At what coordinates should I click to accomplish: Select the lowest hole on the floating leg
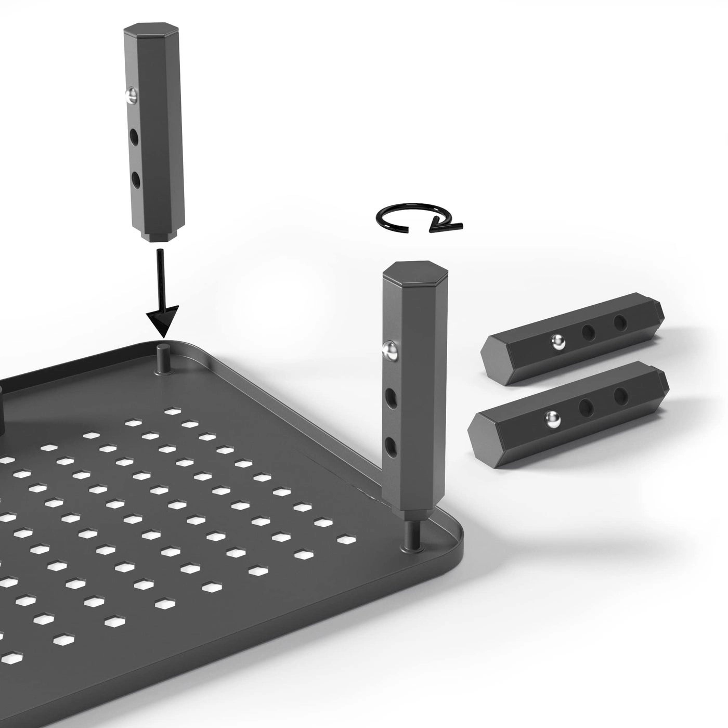136,180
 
